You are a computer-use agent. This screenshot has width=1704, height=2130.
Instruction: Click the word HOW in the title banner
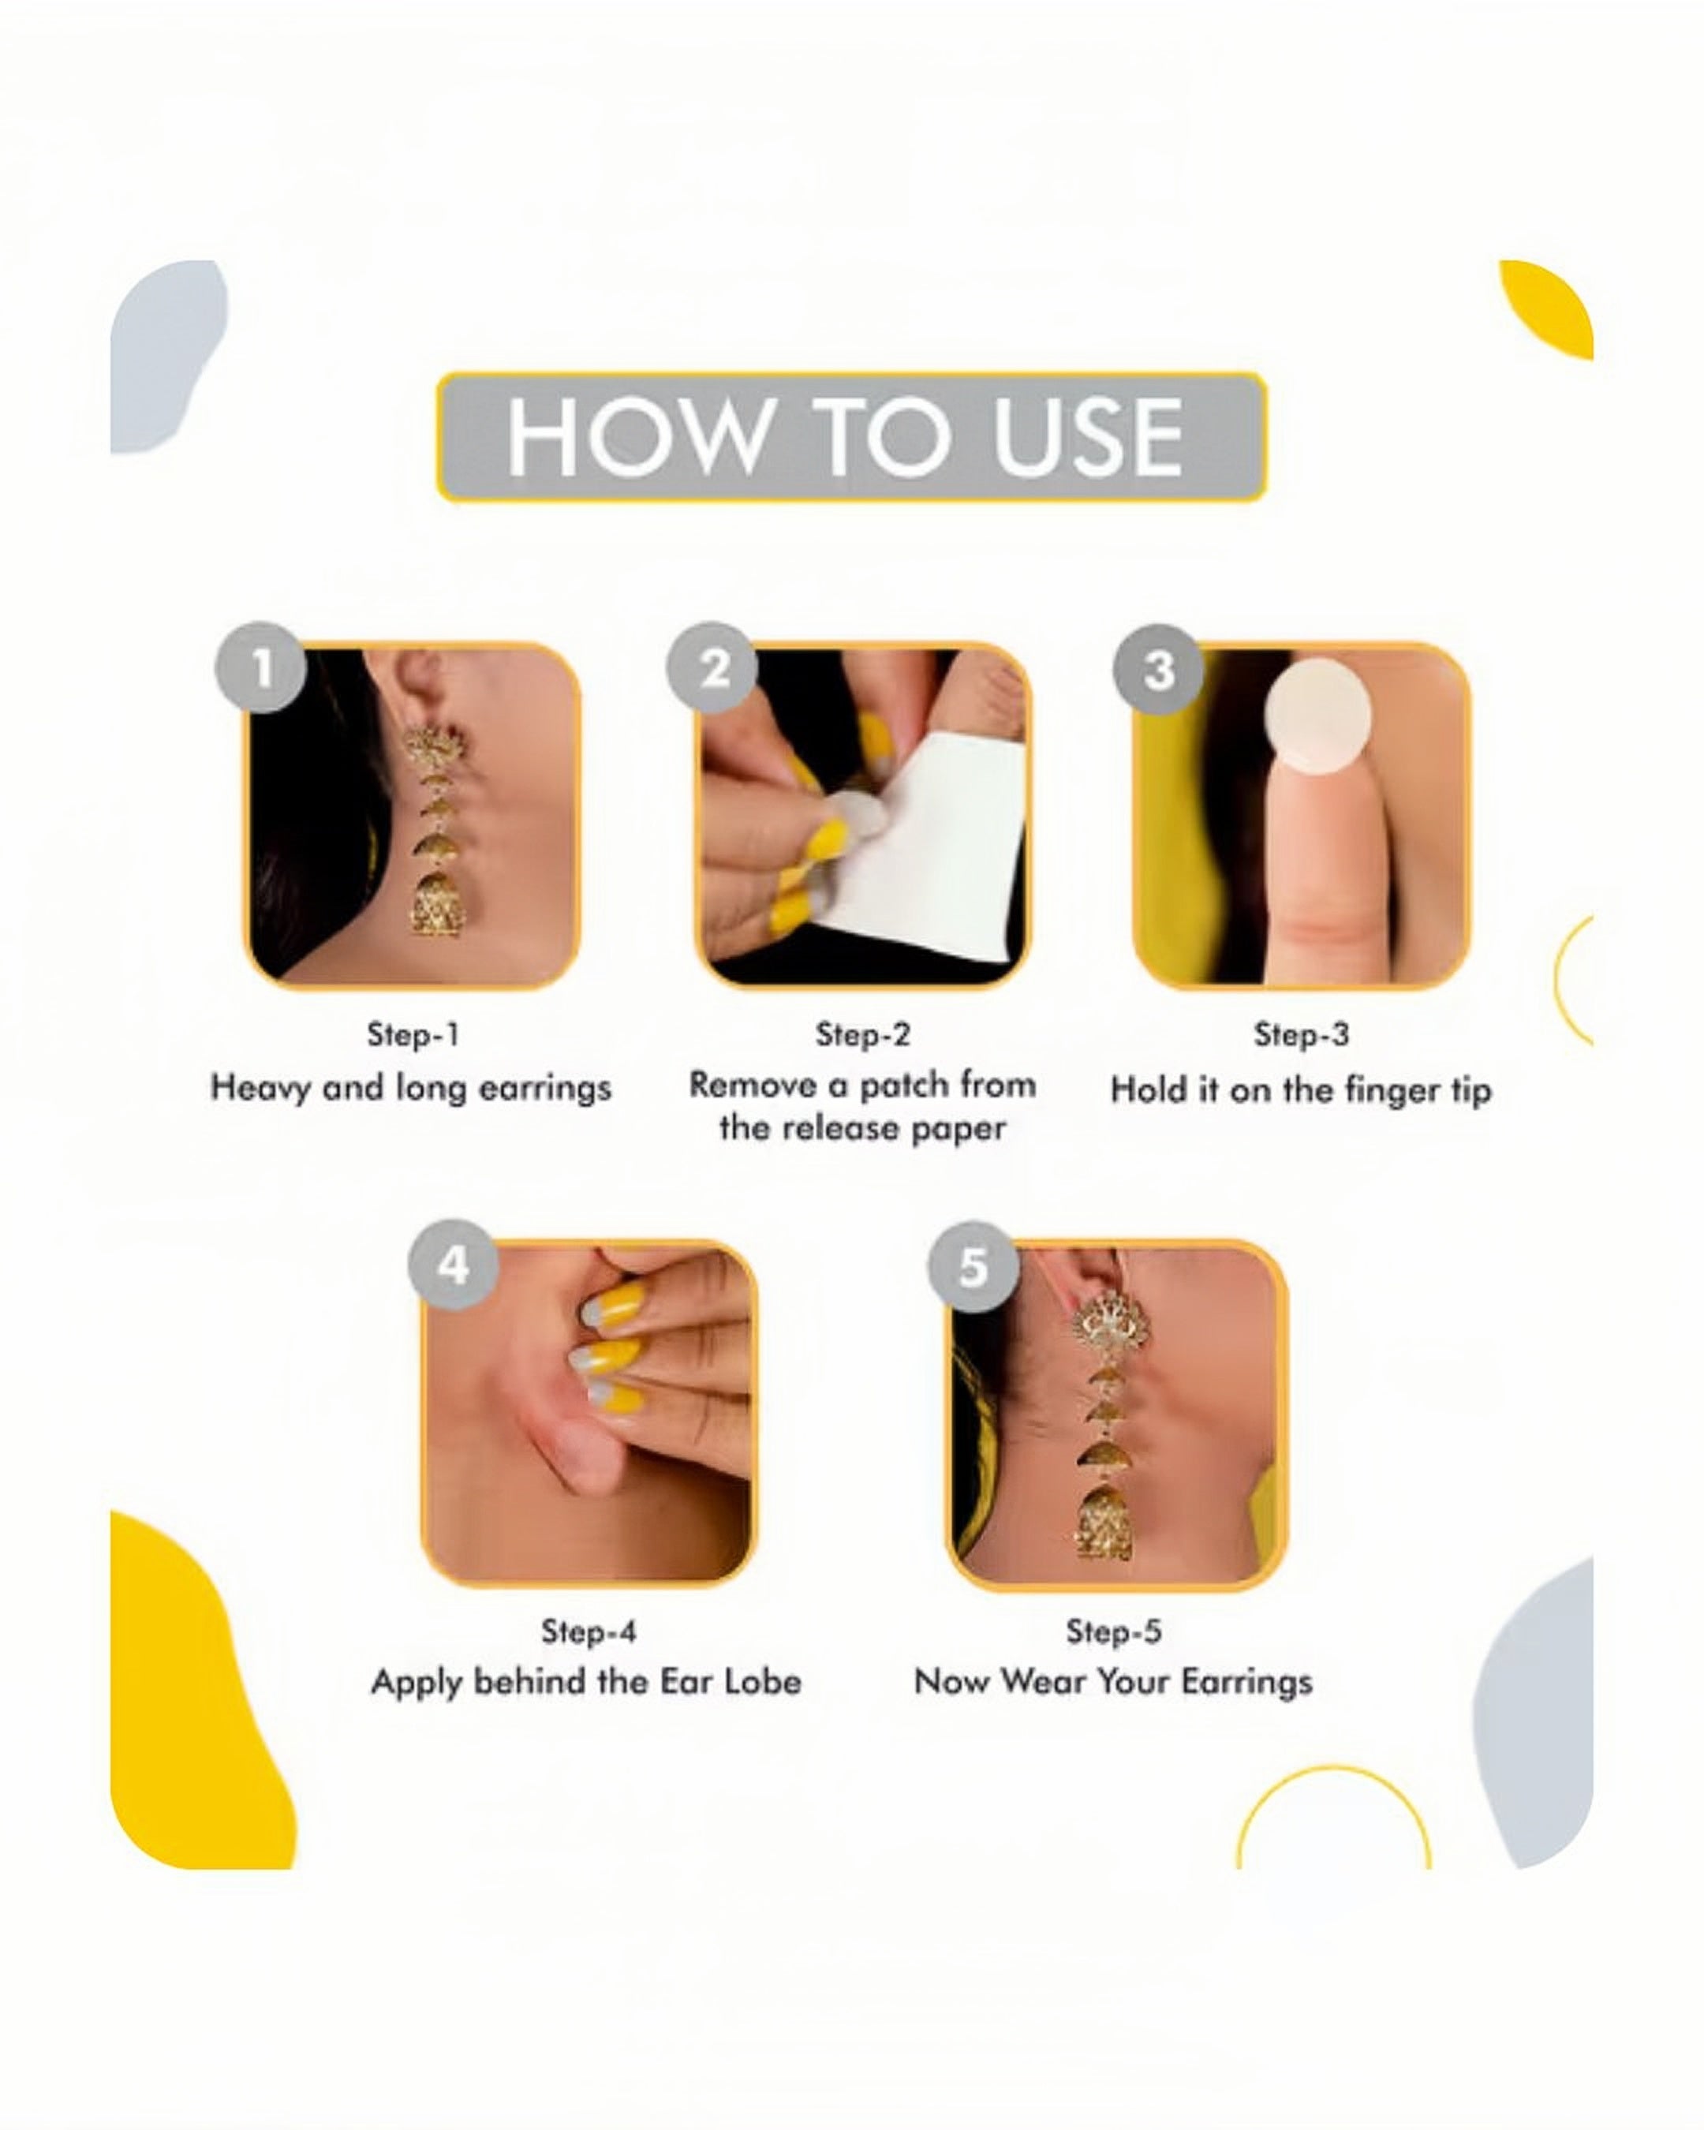pyautogui.click(x=634, y=438)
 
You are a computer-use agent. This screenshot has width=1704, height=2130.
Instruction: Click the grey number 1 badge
pyautogui.click(x=261, y=668)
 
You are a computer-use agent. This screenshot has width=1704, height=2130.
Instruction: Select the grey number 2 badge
pyautogui.click(x=712, y=668)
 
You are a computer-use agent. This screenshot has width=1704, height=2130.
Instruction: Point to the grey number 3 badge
pyautogui.click(x=1159, y=670)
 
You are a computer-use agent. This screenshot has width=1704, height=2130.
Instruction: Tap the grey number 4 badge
pyautogui.click(x=454, y=1265)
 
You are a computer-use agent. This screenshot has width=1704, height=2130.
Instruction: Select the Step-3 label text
pyautogui.click(x=1300, y=1034)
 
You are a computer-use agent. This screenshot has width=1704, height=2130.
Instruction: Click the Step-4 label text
pyautogui.click(x=588, y=1631)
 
